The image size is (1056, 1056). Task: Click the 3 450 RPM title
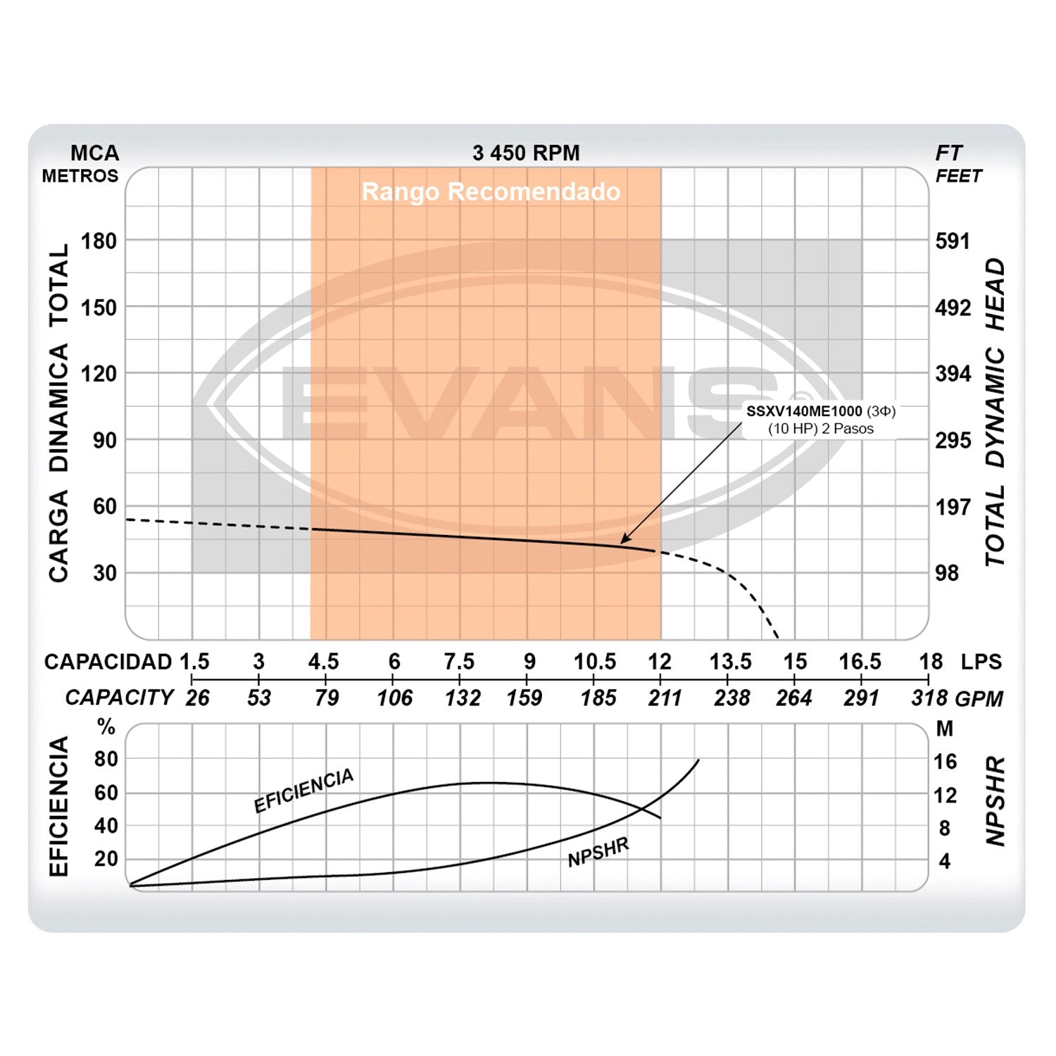click(x=526, y=153)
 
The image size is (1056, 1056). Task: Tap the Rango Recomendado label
click(x=491, y=191)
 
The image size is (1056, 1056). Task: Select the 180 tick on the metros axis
click(x=99, y=241)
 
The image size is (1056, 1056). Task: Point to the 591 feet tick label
click(x=953, y=241)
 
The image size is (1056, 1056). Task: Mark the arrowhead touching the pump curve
click(x=623, y=541)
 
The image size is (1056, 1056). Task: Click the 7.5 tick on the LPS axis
click(x=459, y=662)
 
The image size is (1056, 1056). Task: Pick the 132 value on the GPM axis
click(x=462, y=698)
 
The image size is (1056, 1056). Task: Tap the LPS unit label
click(x=981, y=662)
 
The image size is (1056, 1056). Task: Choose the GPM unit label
click(x=979, y=698)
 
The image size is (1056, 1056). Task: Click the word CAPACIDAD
click(x=108, y=662)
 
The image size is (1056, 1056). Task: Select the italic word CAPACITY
click(x=119, y=698)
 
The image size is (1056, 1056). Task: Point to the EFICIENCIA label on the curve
click(x=303, y=791)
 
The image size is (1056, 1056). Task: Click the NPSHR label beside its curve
click(x=598, y=853)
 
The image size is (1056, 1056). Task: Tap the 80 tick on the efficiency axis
click(x=106, y=759)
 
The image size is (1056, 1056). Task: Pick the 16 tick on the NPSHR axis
click(x=945, y=761)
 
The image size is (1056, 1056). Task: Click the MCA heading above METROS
click(x=94, y=153)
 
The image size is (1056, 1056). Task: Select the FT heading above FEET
click(x=948, y=153)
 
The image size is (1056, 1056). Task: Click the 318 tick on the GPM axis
click(x=929, y=698)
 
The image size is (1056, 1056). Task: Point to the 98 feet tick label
click(x=947, y=573)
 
